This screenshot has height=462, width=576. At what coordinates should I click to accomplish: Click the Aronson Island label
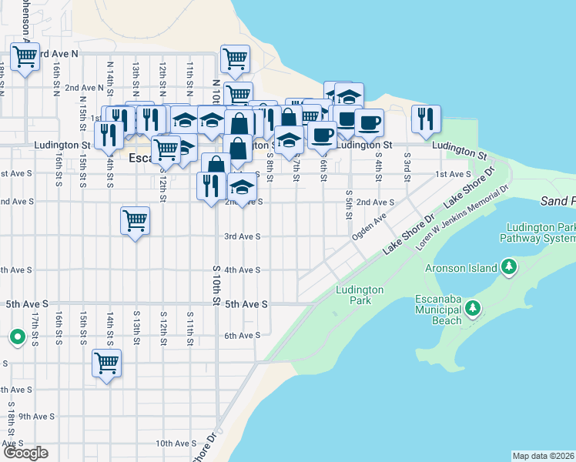point(460,268)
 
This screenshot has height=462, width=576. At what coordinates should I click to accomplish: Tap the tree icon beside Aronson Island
point(508,267)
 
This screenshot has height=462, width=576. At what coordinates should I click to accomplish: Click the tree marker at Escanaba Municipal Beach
point(474,310)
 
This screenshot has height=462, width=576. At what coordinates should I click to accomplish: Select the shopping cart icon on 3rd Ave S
point(136,221)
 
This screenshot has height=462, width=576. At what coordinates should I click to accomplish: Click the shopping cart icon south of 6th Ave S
point(107,363)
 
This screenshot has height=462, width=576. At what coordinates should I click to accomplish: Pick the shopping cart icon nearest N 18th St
point(25,56)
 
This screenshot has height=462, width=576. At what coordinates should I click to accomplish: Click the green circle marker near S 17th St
point(16,336)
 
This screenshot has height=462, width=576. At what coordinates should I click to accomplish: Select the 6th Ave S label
point(243,335)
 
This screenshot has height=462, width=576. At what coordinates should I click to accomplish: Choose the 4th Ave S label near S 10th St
point(243,270)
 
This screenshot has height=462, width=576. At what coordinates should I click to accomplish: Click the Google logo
point(25,453)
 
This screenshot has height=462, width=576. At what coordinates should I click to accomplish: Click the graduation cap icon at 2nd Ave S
point(242,189)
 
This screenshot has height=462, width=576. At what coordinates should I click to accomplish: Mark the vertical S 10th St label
point(216,285)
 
